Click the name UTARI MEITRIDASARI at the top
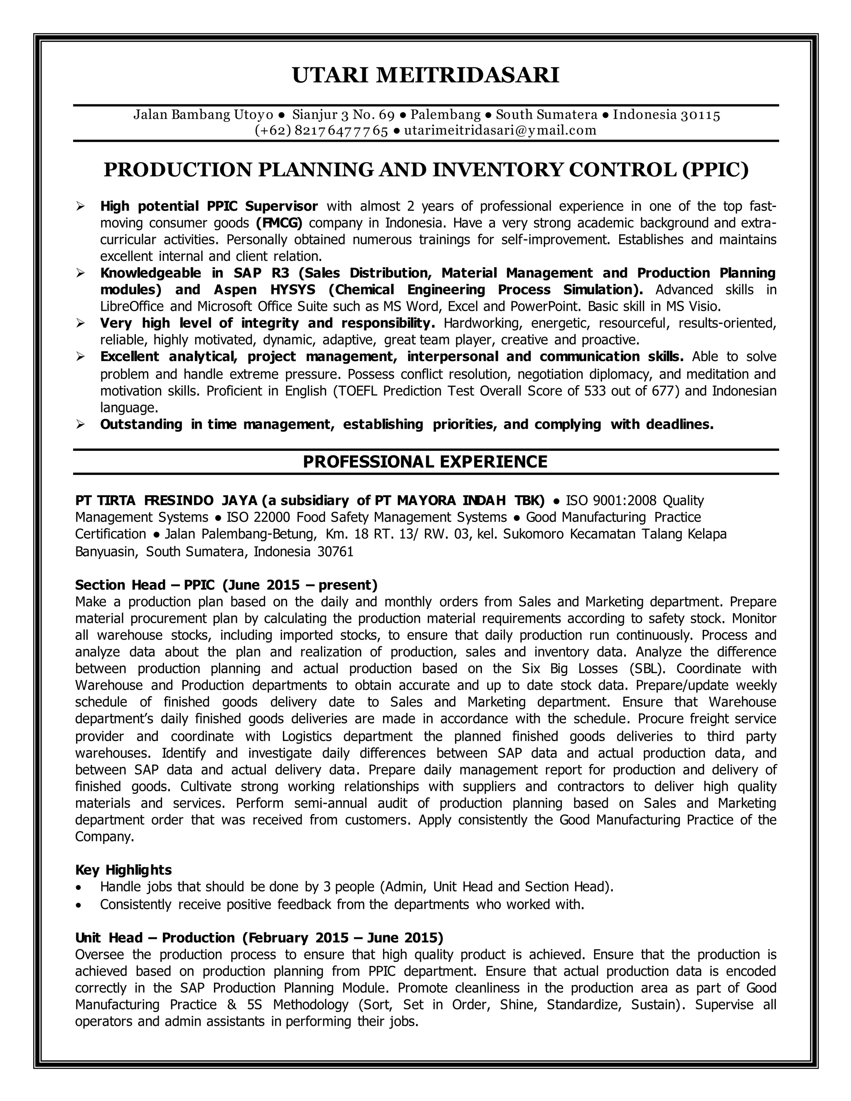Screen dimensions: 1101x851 425,75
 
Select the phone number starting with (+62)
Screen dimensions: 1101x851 321,130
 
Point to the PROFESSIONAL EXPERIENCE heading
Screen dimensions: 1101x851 425,462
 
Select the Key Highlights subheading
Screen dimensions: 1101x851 123,870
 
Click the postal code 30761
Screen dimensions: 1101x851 335,551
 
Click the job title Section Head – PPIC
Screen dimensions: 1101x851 145,585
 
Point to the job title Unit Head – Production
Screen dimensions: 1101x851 155,938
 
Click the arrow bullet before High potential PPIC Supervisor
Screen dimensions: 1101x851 80,206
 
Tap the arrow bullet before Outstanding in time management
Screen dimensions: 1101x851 80,425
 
